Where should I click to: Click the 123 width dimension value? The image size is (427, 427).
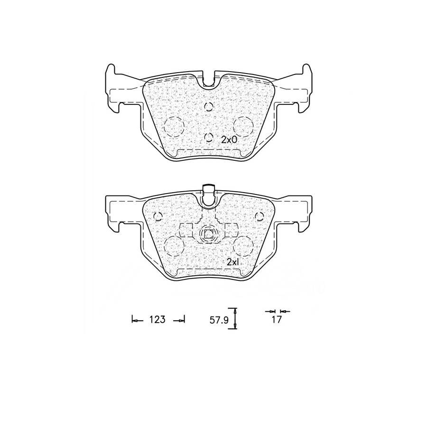click(x=157, y=319)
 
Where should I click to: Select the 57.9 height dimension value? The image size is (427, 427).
click(x=219, y=320)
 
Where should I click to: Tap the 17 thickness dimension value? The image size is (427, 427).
click(x=277, y=319)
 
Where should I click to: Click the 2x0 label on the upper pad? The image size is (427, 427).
click(x=229, y=140)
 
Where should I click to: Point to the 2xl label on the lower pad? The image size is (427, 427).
click(x=233, y=262)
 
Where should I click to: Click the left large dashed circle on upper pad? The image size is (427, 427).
click(x=174, y=126)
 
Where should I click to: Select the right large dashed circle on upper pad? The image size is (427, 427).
click(x=243, y=126)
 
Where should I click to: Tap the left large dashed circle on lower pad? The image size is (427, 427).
click(x=174, y=246)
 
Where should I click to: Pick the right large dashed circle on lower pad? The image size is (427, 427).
click(x=243, y=246)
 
